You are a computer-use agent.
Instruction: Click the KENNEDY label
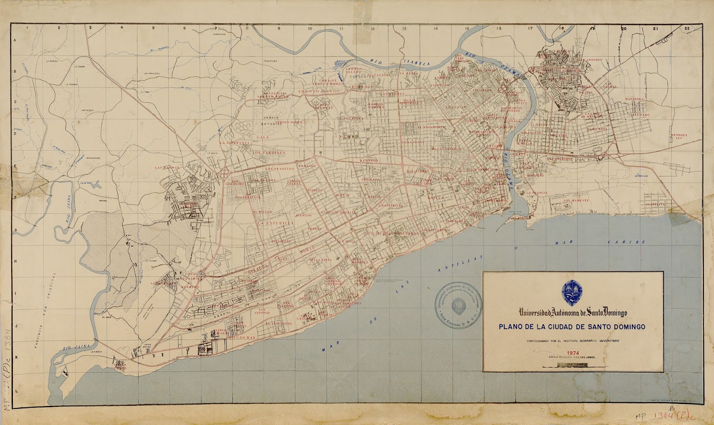pyautogui.click(x=369, y=160)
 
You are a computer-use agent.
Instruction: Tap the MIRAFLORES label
pyautogui.click(x=417, y=171)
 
